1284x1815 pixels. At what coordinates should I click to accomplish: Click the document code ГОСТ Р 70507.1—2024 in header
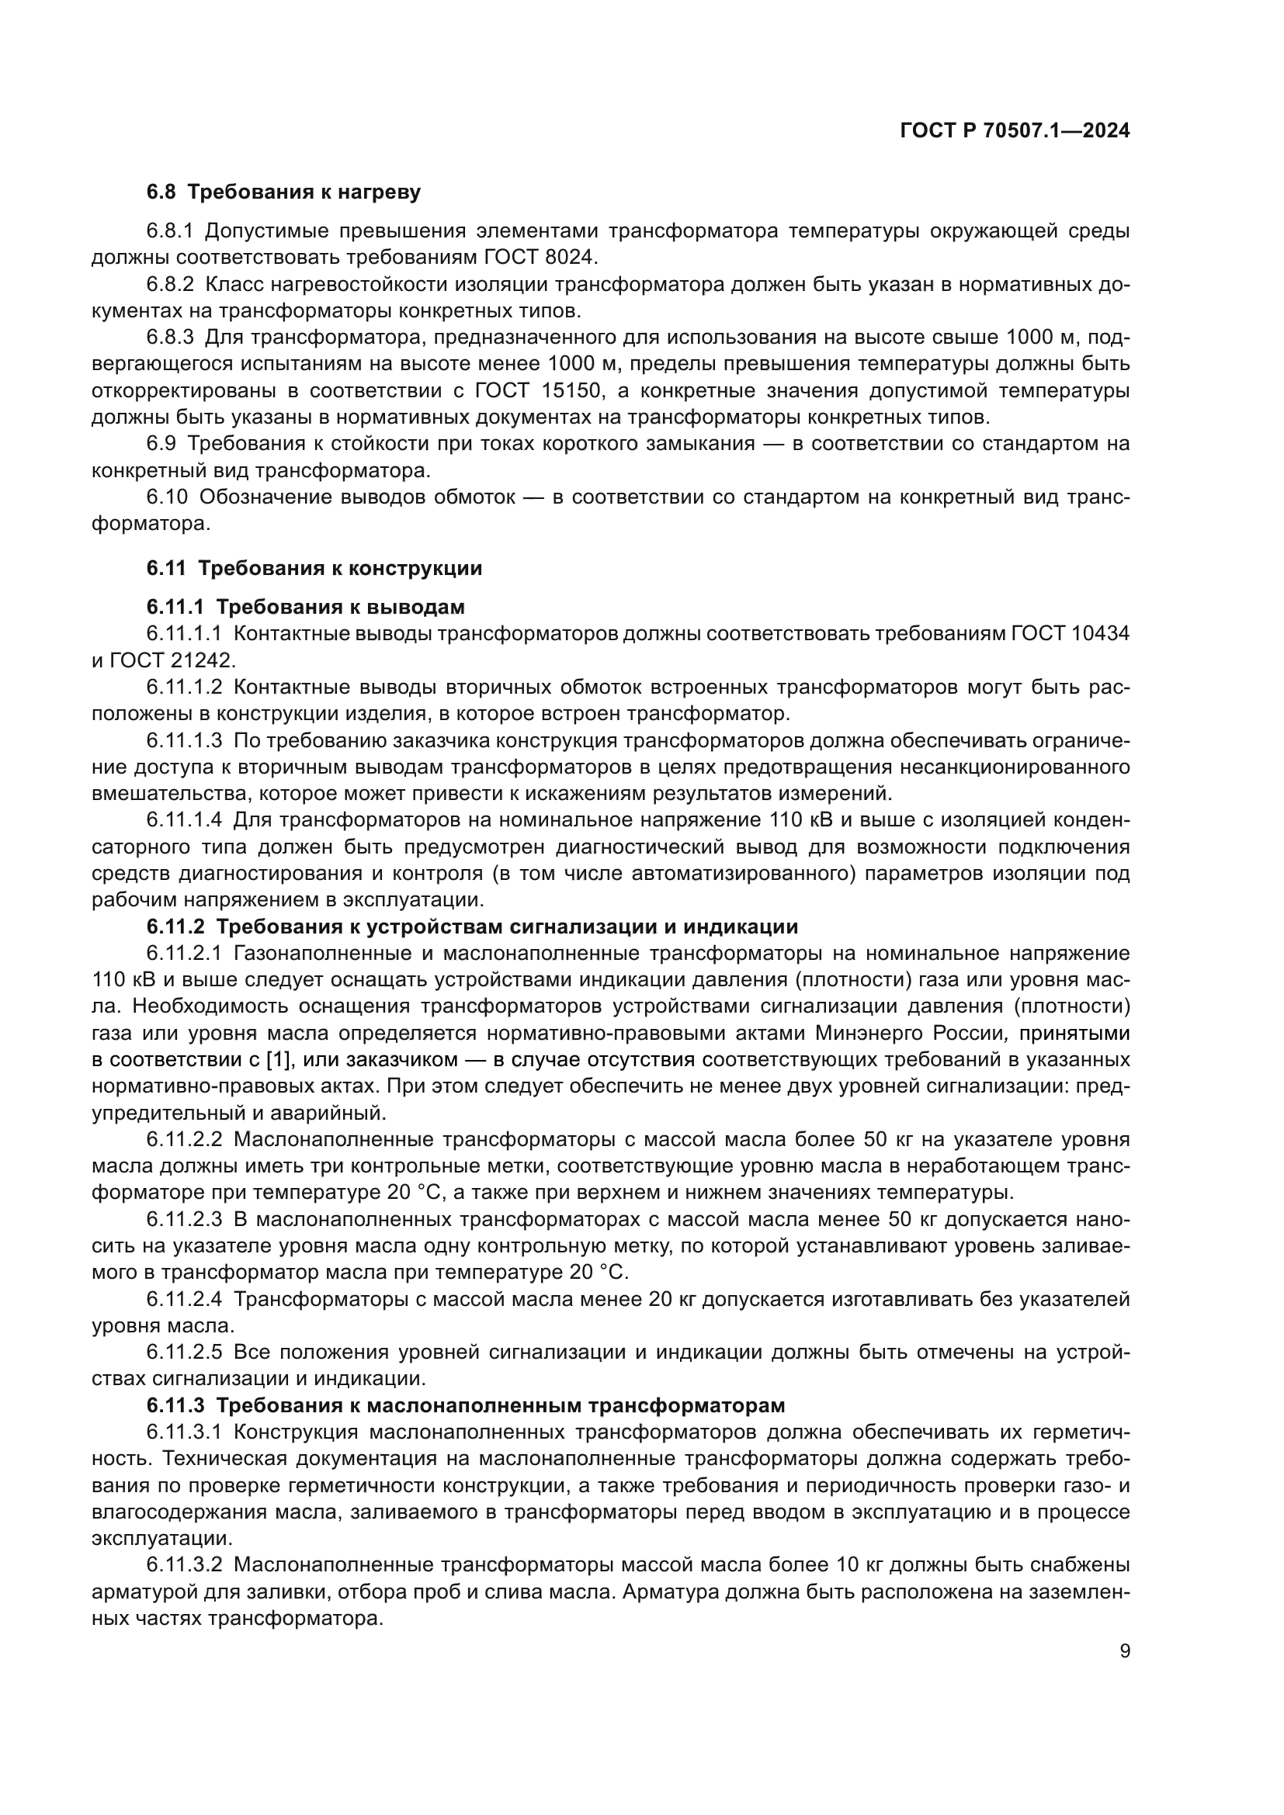point(1015,131)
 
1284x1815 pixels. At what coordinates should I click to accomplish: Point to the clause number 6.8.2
point(170,285)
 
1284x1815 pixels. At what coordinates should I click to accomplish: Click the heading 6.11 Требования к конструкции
point(314,568)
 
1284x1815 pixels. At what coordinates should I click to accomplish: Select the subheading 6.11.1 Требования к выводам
point(305,607)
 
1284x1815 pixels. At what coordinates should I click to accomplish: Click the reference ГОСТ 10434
point(1070,633)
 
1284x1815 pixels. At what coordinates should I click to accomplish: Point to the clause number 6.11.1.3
point(184,741)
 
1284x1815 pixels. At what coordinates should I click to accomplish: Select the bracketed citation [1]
point(279,1059)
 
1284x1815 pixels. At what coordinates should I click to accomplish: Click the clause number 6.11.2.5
point(184,1353)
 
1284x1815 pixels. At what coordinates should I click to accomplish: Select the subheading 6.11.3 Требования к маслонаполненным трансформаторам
point(466,1405)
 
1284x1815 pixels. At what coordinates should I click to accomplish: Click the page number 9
point(1125,1651)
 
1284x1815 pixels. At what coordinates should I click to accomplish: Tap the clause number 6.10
point(167,497)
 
